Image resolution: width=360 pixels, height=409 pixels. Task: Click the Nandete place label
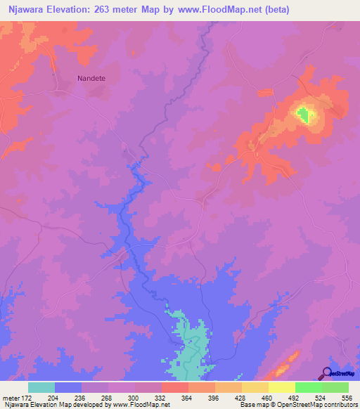click(x=91, y=79)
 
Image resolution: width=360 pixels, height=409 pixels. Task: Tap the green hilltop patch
click(x=303, y=114)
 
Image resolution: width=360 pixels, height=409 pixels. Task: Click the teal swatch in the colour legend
click(x=41, y=387)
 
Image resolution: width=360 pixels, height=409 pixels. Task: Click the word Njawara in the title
click(x=29, y=10)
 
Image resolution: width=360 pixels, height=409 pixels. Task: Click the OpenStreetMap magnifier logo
click(x=326, y=373)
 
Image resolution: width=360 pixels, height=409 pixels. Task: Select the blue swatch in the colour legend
click(x=68, y=387)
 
